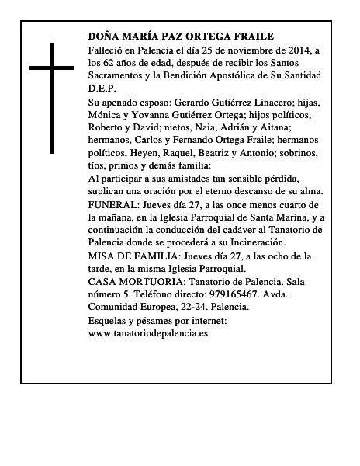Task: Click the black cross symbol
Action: point(53,97)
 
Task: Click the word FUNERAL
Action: point(113,204)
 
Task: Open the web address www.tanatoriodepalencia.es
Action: point(148,332)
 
